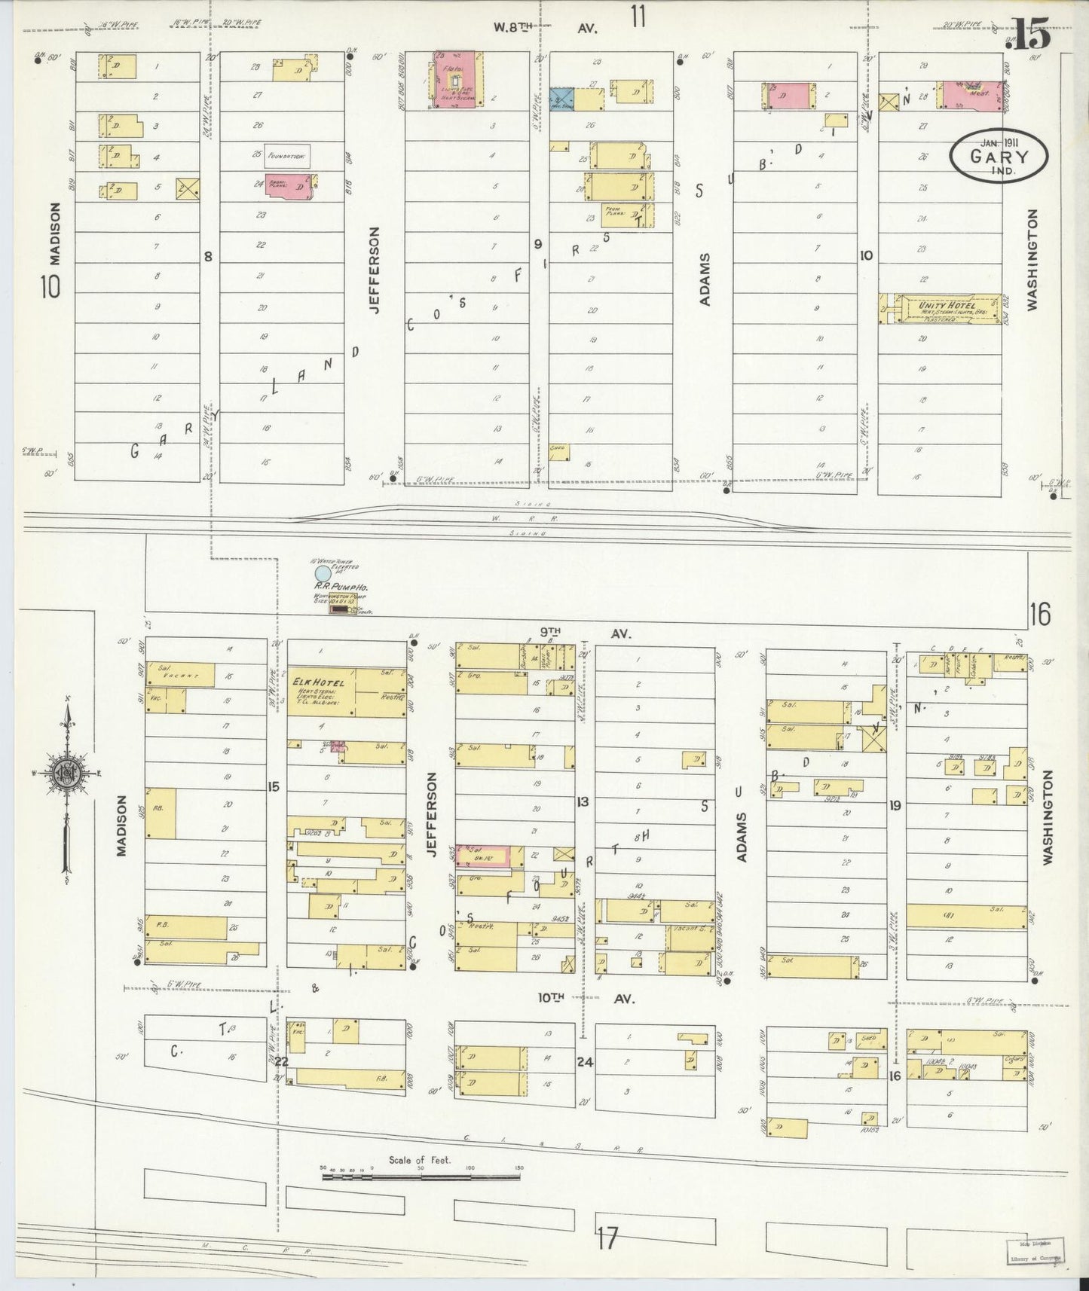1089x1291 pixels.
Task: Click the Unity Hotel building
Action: [942, 309]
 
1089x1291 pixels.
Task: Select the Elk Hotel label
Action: [318, 682]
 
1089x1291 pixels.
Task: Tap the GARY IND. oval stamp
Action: [999, 157]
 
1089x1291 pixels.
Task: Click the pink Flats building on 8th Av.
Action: [455, 81]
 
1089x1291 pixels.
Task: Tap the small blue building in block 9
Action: [561, 99]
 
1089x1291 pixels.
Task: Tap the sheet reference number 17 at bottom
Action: [607, 1238]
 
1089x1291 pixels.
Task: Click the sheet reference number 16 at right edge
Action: [1040, 615]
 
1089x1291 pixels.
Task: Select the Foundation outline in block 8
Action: [287, 156]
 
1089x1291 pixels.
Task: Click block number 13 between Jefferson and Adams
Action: [583, 801]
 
